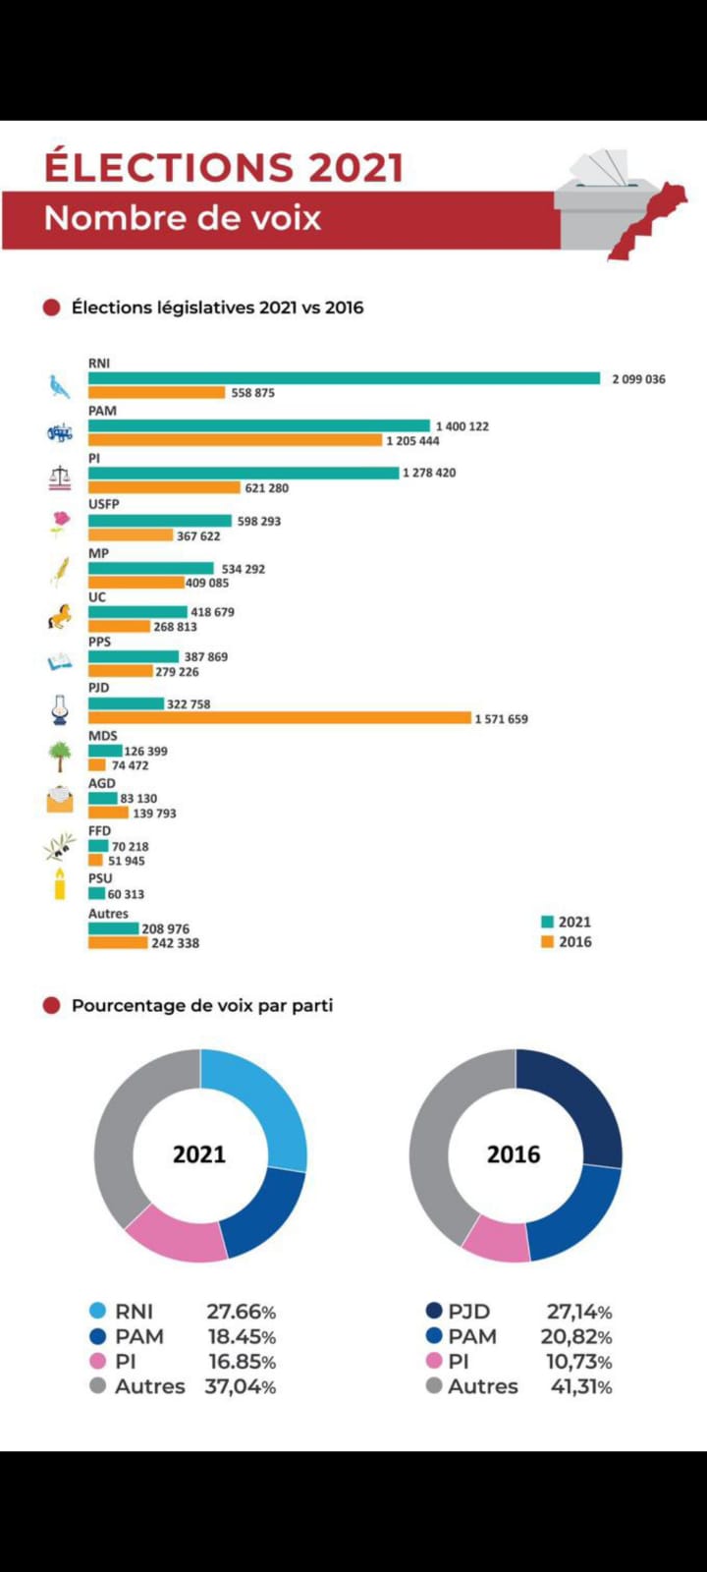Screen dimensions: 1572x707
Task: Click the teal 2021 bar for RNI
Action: pos(344,378)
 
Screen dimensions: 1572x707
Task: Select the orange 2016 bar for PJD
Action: pos(280,718)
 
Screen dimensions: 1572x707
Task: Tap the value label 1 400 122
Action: pos(462,426)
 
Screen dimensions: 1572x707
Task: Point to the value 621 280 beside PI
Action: pos(266,487)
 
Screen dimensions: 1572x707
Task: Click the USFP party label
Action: pos(103,504)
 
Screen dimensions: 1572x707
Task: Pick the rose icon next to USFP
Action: pos(61,523)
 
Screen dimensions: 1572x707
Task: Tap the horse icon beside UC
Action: pos(60,617)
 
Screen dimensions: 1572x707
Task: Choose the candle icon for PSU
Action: pos(60,884)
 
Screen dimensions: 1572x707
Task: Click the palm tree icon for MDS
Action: pos(60,756)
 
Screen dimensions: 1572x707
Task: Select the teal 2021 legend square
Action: pos(547,922)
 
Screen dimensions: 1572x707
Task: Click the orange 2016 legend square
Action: pos(547,942)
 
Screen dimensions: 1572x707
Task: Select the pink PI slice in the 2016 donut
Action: pos(497,1241)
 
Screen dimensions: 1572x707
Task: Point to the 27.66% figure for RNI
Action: pos(241,1312)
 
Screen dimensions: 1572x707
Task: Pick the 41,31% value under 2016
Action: pos(578,1386)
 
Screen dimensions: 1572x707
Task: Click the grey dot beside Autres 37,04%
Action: pos(97,1386)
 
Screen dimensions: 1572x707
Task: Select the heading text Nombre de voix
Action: pos(183,218)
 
